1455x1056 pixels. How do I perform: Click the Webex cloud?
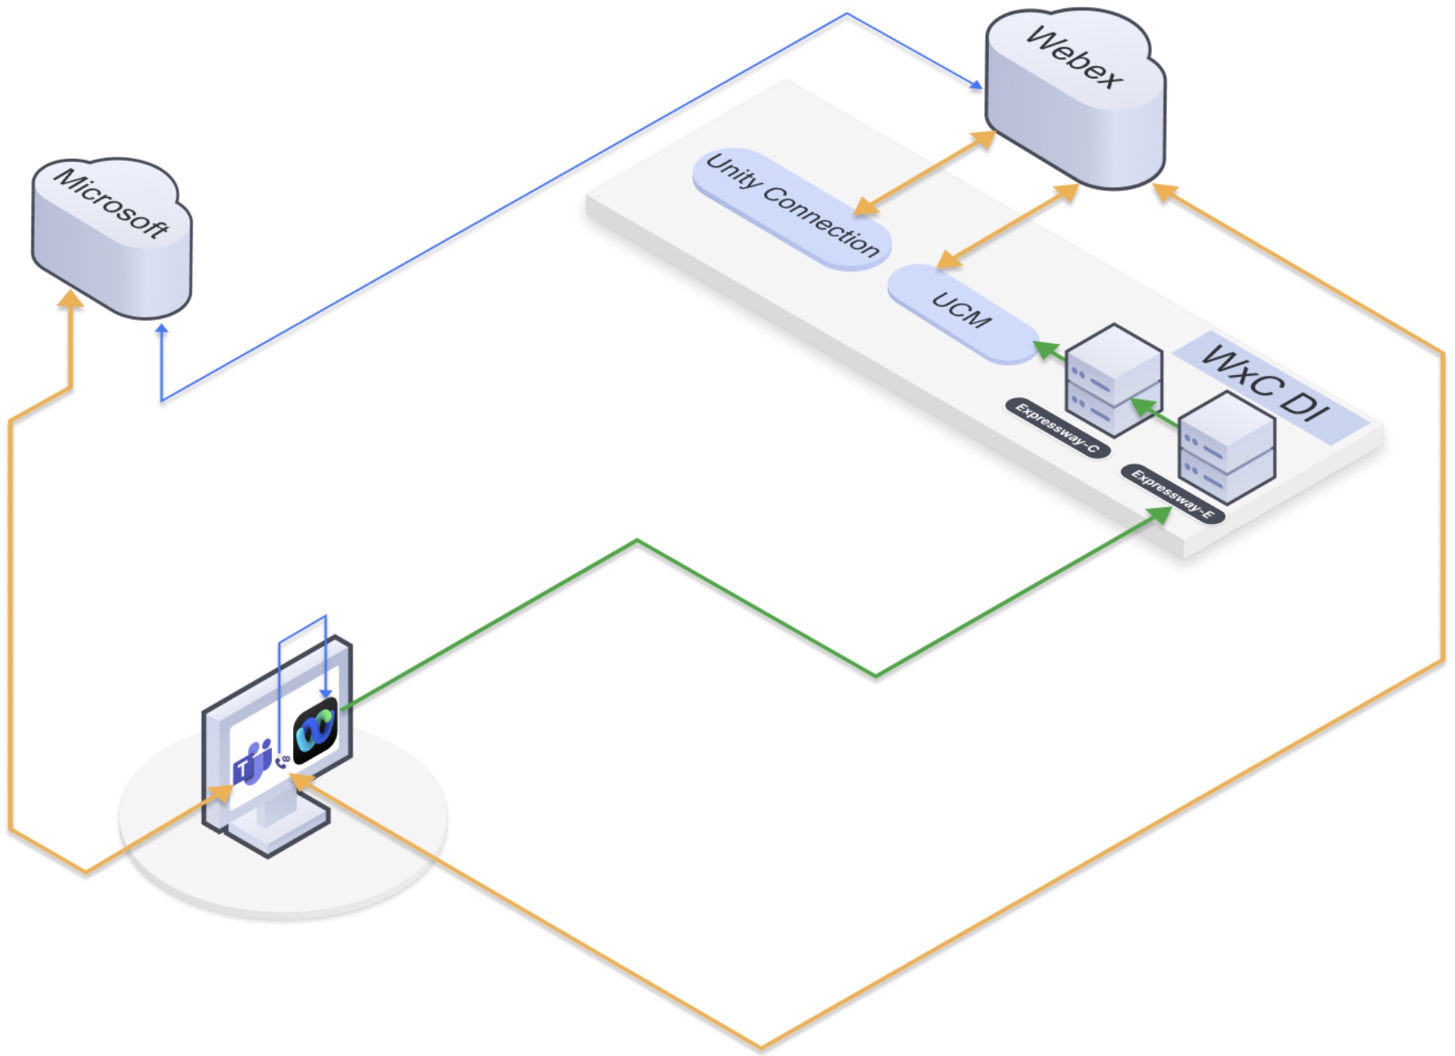click(1075, 100)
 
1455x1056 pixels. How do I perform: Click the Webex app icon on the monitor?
click(315, 731)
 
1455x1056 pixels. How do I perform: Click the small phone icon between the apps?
click(282, 761)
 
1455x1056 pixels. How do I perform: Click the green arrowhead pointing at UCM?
click(1045, 349)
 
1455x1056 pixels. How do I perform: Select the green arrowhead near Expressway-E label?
click(1159, 515)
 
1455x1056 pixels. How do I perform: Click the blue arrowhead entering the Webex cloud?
click(976, 84)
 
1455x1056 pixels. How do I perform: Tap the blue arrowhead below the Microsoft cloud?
click(162, 330)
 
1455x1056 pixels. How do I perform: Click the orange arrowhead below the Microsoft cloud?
click(70, 300)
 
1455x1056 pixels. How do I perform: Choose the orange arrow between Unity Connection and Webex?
click(925, 173)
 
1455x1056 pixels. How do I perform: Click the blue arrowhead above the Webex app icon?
click(326, 693)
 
